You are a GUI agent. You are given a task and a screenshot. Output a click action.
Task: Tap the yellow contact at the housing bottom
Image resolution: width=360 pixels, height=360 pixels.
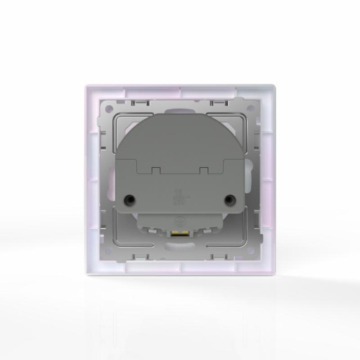click(179, 235)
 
